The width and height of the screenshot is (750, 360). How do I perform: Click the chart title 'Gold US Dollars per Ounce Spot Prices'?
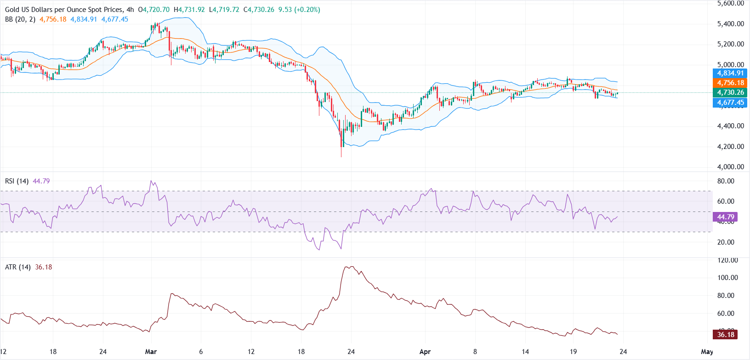[x=64, y=10]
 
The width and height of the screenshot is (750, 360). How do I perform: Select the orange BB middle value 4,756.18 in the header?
[x=53, y=19]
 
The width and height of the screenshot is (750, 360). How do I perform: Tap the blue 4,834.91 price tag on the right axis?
[x=730, y=73]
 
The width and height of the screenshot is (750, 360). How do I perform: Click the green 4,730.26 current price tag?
[x=730, y=92]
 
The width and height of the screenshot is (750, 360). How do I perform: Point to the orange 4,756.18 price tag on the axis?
[x=730, y=83]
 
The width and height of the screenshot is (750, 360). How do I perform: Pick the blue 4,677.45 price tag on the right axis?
[x=730, y=103]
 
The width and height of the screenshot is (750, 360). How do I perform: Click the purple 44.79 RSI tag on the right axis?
[x=725, y=217]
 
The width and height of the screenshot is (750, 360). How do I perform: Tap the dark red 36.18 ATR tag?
[x=725, y=334]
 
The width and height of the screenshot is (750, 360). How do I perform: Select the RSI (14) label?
[x=17, y=181]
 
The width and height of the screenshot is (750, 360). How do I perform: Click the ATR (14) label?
[x=17, y=267]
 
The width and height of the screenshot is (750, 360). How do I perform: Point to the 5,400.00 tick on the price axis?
[x=730, y=24]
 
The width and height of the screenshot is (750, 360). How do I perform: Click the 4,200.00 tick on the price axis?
[x=730, y=147]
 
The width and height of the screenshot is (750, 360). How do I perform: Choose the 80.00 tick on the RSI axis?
[x=726, y=181]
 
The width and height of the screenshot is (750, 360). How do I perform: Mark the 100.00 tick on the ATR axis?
[x=727, y=278]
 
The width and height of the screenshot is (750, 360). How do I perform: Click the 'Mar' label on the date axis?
[x=151, y=352]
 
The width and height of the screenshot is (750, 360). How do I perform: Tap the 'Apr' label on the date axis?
[x=425, y=352]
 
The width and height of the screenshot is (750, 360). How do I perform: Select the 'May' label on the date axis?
[x=707, y=352]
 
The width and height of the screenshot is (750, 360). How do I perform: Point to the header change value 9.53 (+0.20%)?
[x=299, y=10]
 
